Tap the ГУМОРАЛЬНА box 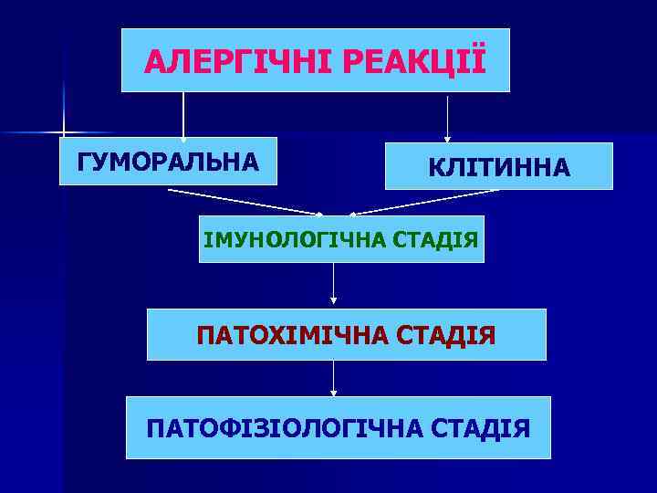tap(169, 163)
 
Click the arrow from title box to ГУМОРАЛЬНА tap(183, 116)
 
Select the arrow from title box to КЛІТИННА tap(447, 117)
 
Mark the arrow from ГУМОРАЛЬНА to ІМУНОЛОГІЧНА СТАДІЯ tap(245, 202)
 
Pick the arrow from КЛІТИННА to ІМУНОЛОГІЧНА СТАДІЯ tap(424, 202)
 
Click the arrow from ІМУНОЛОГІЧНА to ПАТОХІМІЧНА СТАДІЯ tap(333, 284)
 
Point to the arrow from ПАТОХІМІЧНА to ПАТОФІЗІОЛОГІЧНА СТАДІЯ tap(333, 378)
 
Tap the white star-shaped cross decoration tap(63, 132)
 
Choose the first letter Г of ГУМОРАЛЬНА tap(85, 163)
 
